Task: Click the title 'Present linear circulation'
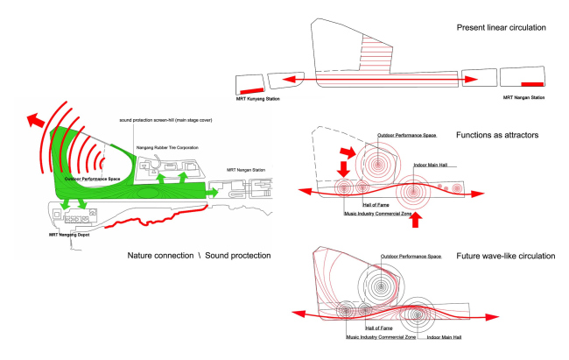point(502,29)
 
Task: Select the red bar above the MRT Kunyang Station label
point(252,90)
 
